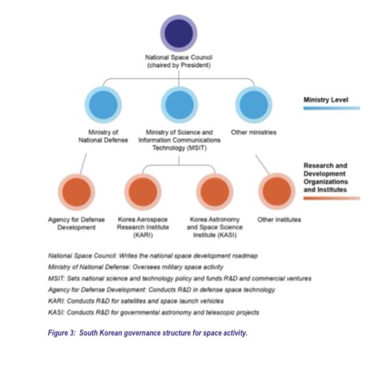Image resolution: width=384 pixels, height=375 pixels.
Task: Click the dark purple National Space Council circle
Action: [179, 33]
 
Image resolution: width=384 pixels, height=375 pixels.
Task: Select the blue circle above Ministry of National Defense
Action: [103, 105]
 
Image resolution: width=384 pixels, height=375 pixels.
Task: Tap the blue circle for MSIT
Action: [179, 105]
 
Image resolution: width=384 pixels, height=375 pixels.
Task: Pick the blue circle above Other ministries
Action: [254, 105]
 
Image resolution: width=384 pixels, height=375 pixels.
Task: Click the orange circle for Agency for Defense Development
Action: [77, 192]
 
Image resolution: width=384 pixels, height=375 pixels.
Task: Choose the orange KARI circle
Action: [143, 192]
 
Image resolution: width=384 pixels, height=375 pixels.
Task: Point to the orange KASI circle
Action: [215, 192]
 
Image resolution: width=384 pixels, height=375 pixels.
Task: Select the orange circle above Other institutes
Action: [277, 191]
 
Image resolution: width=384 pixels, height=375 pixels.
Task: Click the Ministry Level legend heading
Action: [326, 100]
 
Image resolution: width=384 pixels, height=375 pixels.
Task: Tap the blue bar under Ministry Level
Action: [332, 108]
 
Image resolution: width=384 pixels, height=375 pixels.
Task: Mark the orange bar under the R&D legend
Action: [332, 198]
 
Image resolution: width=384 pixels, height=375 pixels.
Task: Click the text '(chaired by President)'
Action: [179, 65]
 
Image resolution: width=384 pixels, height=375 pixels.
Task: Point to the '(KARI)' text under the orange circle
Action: [143, 235]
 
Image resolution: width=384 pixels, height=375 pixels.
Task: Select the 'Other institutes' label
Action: [279, 219]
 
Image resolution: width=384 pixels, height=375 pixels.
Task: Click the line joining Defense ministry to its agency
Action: [84, 164]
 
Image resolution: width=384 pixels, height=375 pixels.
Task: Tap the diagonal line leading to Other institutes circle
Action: [262, 165]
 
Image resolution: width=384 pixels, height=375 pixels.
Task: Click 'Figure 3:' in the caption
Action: [62, 332]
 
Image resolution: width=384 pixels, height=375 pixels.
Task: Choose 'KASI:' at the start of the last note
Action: [56, 313]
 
